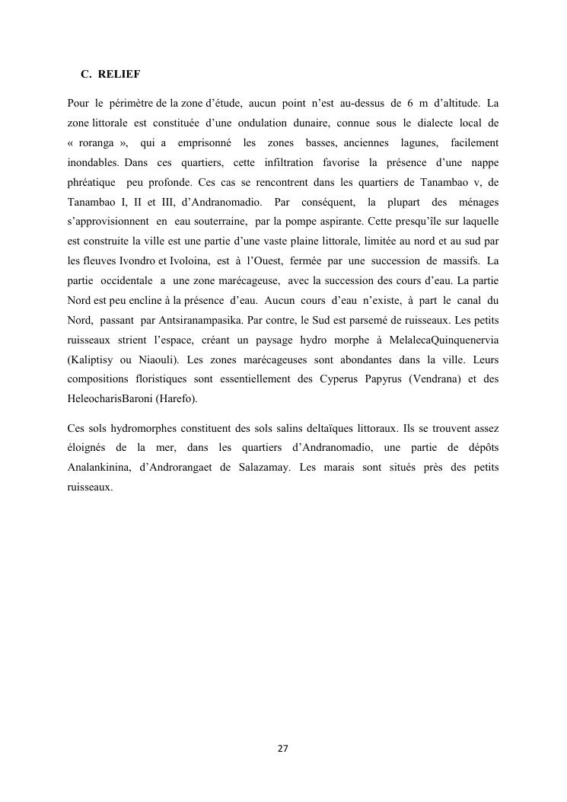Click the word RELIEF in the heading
pos(119,75)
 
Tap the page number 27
pos(283,749)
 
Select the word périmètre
pos(130,102)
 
